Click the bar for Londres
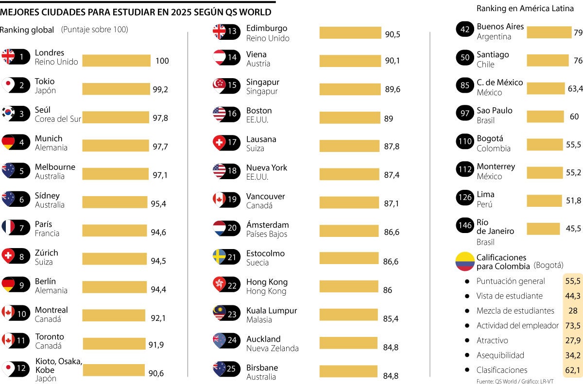coord(116,61)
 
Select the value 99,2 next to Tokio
coord(160,89)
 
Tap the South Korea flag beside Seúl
coord(8,113)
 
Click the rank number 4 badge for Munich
coord(21,142)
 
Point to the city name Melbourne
coord(55,167)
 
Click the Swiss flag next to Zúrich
coord(8,256)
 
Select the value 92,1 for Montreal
coord(158,318)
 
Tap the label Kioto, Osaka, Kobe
coord(59,365)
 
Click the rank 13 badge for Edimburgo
coord(232,32)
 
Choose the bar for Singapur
coord(350,89)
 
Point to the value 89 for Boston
coord(389,118)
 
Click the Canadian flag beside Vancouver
coord(220,199)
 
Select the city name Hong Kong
coord(267,282)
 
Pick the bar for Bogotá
coord(544,145)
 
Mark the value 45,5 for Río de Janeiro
coord(573,229)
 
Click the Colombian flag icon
coord(465,261)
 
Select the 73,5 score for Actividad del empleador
coord(573,326)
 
